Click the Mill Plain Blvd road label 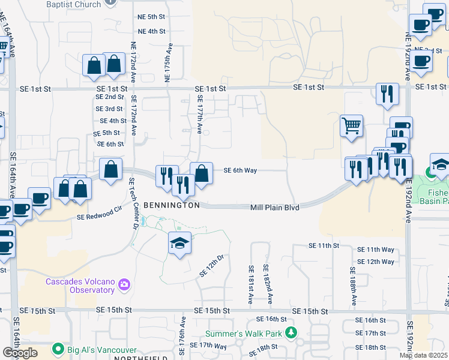(x=274, y=207)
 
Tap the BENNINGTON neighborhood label (x=172, y=205)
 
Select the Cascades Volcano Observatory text (x=80, y=286)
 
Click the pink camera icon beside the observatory (x=124, y=284)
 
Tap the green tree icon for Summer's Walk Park (x=291, y=332)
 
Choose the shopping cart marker (x=351, y=126)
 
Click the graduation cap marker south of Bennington (x=179, y=243)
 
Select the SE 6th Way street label (x=240, y=170)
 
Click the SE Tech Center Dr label (x=134, y=202)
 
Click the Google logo (x=20, y=353)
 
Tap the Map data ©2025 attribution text (x=423, y=355)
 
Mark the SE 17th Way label (x=208, y=346)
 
